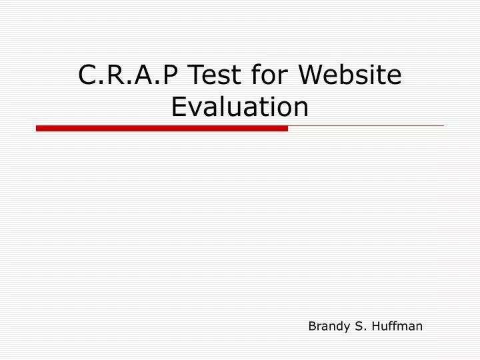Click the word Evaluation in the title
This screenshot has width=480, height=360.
point(240,107)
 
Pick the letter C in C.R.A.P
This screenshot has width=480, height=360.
point(87,76)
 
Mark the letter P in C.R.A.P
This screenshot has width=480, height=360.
point(171,76)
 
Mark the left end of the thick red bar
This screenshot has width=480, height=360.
point(38,127)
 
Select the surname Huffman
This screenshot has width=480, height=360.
point(397,326)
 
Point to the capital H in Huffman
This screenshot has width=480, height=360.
point(375,326)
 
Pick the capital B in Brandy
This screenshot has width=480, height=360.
point(311,326)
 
